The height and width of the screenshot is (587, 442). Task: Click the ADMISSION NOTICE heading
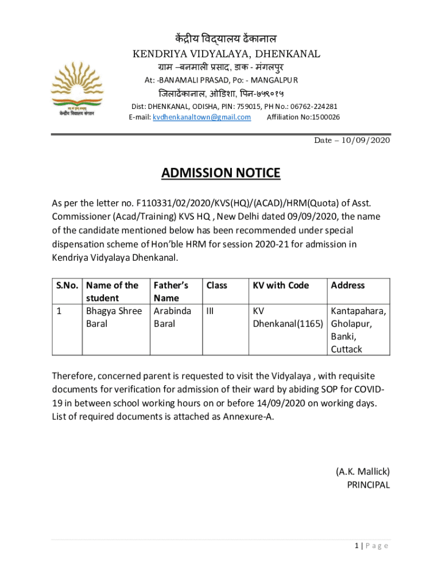pos(220,173)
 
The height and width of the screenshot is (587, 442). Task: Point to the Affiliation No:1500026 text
pos(303,117)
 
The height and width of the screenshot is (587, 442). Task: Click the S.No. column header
pos(67,285)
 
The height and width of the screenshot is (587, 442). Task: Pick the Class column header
pos(216,285)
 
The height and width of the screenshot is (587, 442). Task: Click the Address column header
pos(347,285)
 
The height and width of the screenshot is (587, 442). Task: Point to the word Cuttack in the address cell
pos(346,349)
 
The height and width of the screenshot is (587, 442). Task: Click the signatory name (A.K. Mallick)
pos(362,472)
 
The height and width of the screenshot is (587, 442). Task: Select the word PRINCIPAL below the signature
pos(368,485)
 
